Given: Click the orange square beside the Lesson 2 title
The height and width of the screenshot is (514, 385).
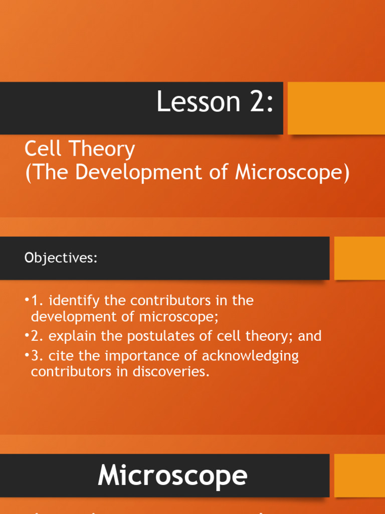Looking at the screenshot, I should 336,108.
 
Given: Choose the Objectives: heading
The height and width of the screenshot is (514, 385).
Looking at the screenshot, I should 60,258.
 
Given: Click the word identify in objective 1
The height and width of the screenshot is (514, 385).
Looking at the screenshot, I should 75,301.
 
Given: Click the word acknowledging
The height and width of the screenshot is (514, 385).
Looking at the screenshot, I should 250,356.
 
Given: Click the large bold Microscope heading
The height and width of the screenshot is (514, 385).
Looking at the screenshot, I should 172,475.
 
